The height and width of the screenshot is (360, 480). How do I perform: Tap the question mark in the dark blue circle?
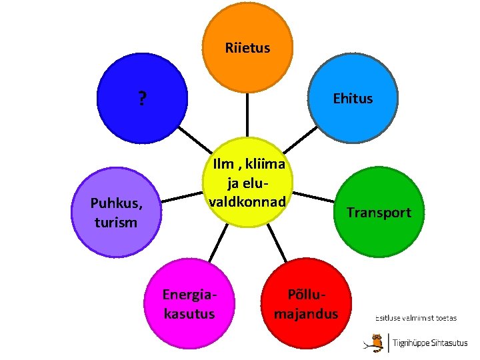tap(141, 99)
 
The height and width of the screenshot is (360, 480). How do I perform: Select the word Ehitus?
tap(353, 99)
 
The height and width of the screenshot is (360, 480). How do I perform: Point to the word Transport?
tap(379, 213)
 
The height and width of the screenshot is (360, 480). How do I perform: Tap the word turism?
tap(116, 222)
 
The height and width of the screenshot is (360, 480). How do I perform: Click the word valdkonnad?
tap(247, 201)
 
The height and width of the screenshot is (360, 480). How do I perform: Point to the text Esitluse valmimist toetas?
tap(416, 318)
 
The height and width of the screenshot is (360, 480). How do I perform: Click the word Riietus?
tap(247, 47)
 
